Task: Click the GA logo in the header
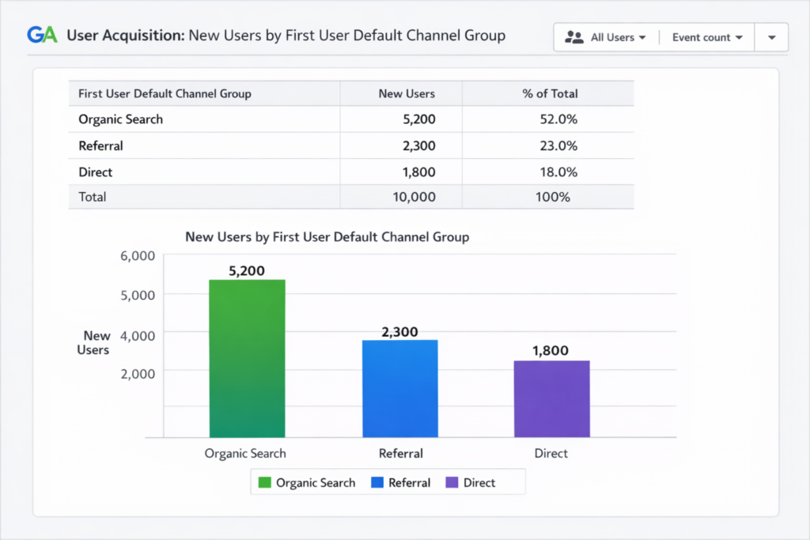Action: tap(42, 36)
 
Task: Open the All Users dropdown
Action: tap(607, 37)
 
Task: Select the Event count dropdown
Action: tap(706, 37)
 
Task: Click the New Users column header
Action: tap(407, 93)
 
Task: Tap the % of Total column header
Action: tap(550, 93)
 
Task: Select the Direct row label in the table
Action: tap(96, 172)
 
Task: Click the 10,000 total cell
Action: tap(414, 197)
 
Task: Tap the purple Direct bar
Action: tap(551, 398)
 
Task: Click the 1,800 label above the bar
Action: tap(551, 350)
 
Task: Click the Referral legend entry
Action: tap(400, 482)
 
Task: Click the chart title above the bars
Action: tap(327, 236)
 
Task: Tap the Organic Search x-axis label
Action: tap(245, 454)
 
